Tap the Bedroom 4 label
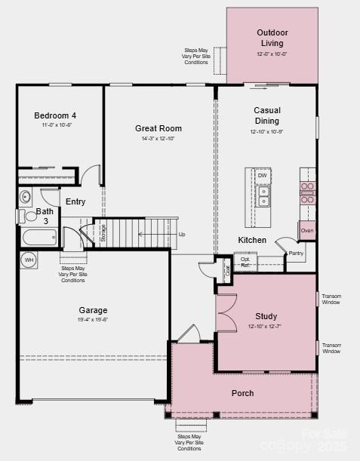click(55, 115)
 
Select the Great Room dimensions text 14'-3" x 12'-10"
click(158, 139)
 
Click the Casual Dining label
click(266, 115)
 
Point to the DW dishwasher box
click(262, 176)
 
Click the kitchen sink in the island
click(263, 197)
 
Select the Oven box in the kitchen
click(307, 231)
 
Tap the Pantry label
click(296, 254)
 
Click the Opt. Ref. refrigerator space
click(246, 262)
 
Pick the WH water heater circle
click(29, 260)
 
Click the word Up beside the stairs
click(182, 234)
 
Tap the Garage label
click(93, 310)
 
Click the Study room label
click(266, 316)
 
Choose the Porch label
click(242, 393)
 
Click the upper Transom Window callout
click(331, 299)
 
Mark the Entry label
click(75, 201)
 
